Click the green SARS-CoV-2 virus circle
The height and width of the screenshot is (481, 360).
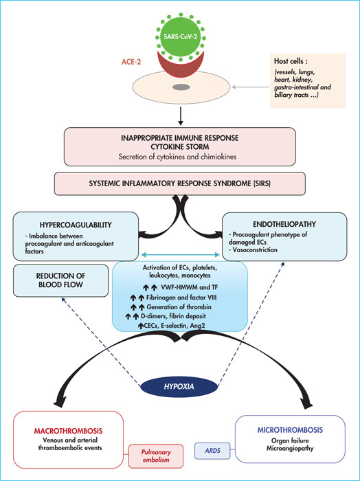click(181, 36)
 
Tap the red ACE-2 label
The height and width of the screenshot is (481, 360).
click(131, 62)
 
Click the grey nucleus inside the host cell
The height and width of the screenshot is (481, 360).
click(181, 87)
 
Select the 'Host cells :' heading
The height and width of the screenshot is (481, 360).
click(291, 61)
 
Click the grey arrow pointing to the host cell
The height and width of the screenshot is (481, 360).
click(251, 87)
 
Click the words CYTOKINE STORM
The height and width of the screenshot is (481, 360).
click(180, 147)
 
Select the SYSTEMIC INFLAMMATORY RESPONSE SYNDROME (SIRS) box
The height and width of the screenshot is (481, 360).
click(180, 183)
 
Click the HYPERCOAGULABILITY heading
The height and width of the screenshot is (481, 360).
click(76, 225)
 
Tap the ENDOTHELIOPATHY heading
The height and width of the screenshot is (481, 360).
click(284, 224)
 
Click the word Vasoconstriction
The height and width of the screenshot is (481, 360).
click(255, 249)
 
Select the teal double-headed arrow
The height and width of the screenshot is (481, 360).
click(180, 255)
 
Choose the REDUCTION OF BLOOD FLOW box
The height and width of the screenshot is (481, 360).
click(60, 280)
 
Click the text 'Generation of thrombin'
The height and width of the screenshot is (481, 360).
click(179, 306)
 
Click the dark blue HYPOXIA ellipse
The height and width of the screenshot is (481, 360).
click(179, 386)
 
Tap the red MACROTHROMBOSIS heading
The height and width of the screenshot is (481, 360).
click(68, 431)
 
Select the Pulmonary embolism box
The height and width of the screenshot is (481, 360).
click(156, 456)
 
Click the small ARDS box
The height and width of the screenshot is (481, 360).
click(212, 451)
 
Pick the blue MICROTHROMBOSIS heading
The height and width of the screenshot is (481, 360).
click(290, 429)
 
